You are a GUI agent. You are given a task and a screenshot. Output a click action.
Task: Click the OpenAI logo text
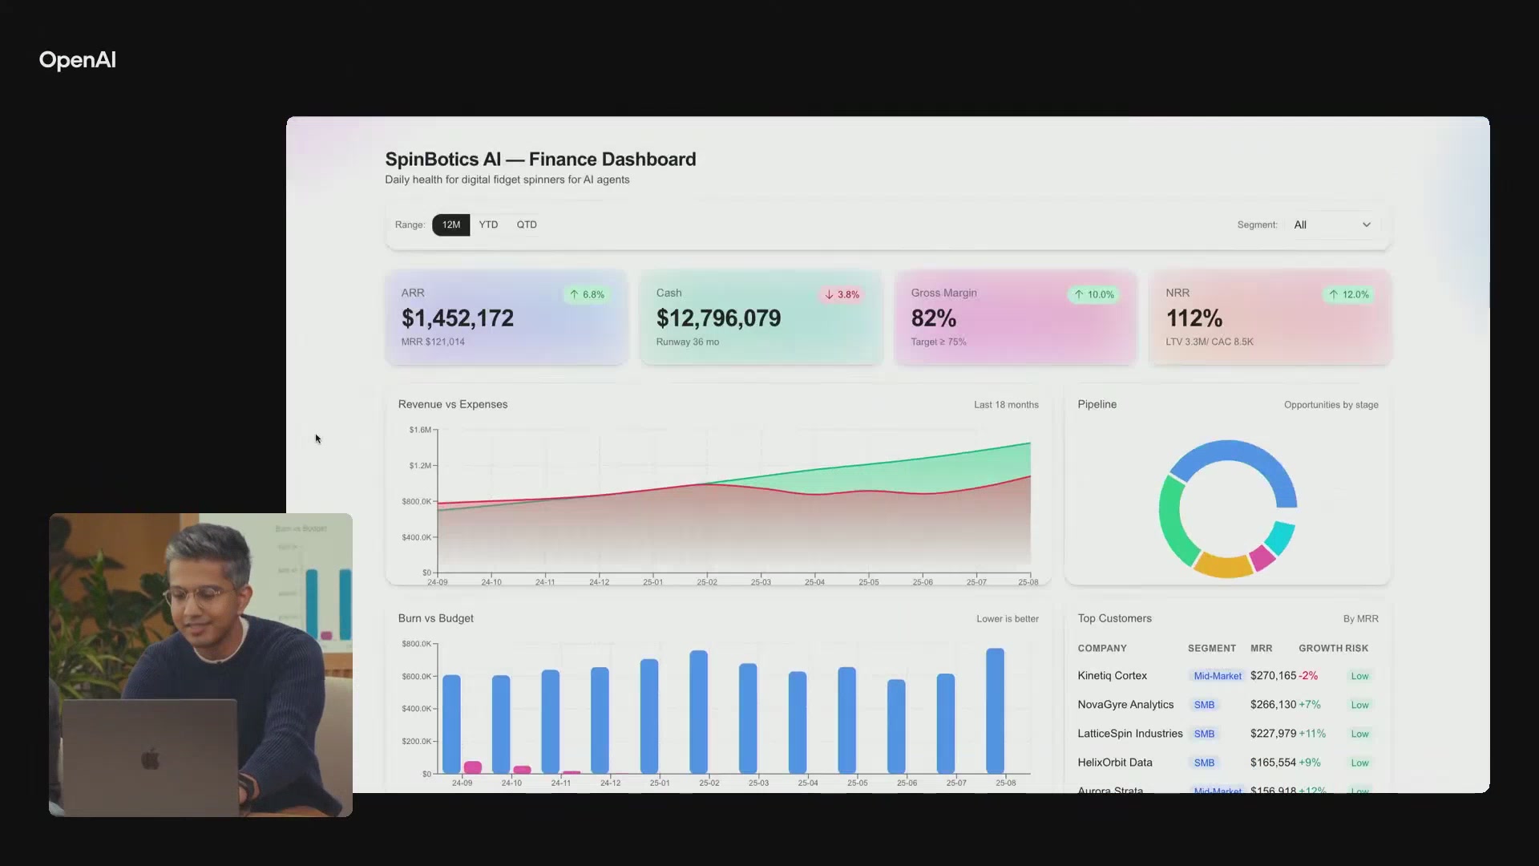[78, 60]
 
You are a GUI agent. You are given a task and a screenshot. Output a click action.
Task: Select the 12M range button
[450, 225]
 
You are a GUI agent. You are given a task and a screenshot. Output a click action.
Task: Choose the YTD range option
[488, 225]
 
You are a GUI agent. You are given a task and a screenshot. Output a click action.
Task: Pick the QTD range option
[527, 225]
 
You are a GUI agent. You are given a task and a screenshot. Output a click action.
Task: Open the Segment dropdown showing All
[1331, 225]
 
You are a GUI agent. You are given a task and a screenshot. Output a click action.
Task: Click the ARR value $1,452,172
[457, 318]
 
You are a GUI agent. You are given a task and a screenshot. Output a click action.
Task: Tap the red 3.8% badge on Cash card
[842, 294]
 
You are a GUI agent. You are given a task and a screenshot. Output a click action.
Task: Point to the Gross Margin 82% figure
[933, 318]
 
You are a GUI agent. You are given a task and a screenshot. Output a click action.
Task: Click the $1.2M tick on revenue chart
[420, 465]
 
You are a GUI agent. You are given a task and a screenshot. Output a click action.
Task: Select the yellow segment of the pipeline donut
[1222, 565]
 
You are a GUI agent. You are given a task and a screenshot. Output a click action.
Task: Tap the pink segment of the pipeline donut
[1262, 557]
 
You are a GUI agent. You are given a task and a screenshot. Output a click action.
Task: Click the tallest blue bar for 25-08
[995, 710]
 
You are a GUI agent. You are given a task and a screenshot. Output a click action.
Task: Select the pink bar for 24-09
[473, 767]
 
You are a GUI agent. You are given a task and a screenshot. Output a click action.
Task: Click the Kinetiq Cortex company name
[1112, 676]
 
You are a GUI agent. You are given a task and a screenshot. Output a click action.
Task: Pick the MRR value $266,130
[1273, 705]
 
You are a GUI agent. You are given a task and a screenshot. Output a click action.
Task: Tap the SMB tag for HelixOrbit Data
[1204, 763]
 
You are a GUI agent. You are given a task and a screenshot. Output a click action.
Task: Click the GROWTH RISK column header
[1333, 648]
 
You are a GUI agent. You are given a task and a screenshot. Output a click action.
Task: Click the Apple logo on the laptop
[151, 759]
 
